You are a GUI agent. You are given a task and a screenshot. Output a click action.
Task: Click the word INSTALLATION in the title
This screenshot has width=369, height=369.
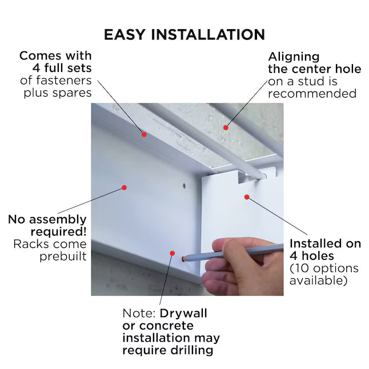pyautogui.click(x=210, y=34)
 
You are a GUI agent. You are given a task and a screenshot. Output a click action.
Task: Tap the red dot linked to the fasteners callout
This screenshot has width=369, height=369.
pyautogui.click(x=144, y=135)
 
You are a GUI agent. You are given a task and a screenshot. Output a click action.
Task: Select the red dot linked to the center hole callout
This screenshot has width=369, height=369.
pyautogui.click(x=226, y=127)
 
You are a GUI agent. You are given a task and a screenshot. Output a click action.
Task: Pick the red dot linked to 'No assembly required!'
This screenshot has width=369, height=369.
pyautogui.click(x=123, y=186)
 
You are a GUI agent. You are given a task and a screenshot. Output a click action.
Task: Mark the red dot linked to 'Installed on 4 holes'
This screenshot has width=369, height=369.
pyautogui.click(x=247, y=197)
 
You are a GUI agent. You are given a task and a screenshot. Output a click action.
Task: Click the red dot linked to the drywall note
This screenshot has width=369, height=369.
pyautogui.click(x=172, y=252)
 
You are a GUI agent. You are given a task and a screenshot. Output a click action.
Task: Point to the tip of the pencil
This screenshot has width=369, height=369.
pyautogui.click(x=183, y=258)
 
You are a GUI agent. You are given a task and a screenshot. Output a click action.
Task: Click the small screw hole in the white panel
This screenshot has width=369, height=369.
pyautogui.click(x=183, y=186)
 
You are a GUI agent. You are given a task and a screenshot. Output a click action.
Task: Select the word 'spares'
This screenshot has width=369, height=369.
pyautogui.click(x=73, y=93)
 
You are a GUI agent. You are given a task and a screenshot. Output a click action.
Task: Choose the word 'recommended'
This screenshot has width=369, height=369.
pyautogui.click(x=312, y=93)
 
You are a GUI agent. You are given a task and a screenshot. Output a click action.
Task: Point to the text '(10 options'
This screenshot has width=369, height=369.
pyautogui.click(x=324, y=268)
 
